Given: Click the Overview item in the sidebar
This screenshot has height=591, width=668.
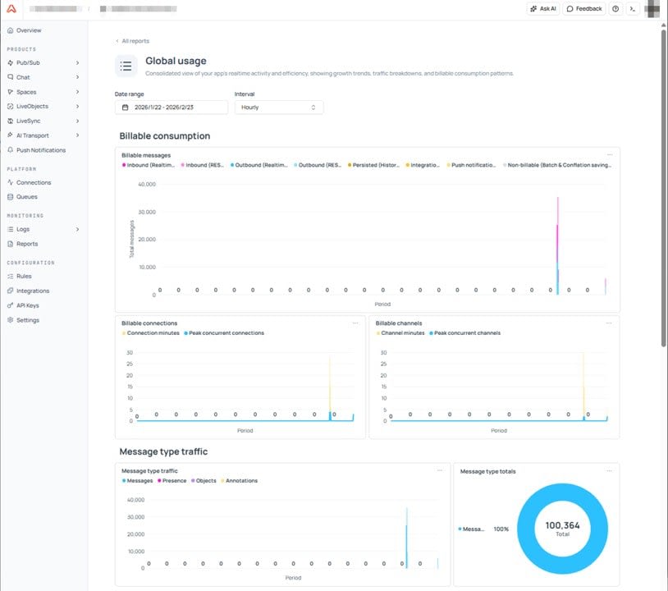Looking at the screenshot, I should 29,30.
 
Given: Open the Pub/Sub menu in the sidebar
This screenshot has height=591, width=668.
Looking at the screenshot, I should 30,62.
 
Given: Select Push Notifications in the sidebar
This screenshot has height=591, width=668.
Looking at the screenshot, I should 41,150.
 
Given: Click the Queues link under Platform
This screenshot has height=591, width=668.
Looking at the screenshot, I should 26,197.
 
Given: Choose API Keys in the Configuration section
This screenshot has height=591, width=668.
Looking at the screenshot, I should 27,305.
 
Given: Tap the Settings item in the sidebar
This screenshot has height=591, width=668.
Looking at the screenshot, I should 27,320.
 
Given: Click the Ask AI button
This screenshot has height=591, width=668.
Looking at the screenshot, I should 543,9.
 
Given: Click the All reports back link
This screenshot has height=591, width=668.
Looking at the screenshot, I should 134,41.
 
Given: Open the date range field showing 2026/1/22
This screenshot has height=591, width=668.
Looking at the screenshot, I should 172,108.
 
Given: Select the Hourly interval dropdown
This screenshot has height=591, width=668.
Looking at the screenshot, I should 278,108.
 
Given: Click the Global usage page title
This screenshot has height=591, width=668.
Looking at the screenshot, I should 176,61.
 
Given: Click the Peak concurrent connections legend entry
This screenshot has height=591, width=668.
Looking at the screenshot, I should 226,333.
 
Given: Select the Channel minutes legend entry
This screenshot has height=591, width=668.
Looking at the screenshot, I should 402,333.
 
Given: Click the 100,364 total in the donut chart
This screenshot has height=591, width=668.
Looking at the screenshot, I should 562,525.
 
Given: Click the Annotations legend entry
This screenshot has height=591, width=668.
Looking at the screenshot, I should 241,481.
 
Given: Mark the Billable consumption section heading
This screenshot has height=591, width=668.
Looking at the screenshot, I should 165,136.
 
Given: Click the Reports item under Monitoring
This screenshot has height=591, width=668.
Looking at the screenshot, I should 27,244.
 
